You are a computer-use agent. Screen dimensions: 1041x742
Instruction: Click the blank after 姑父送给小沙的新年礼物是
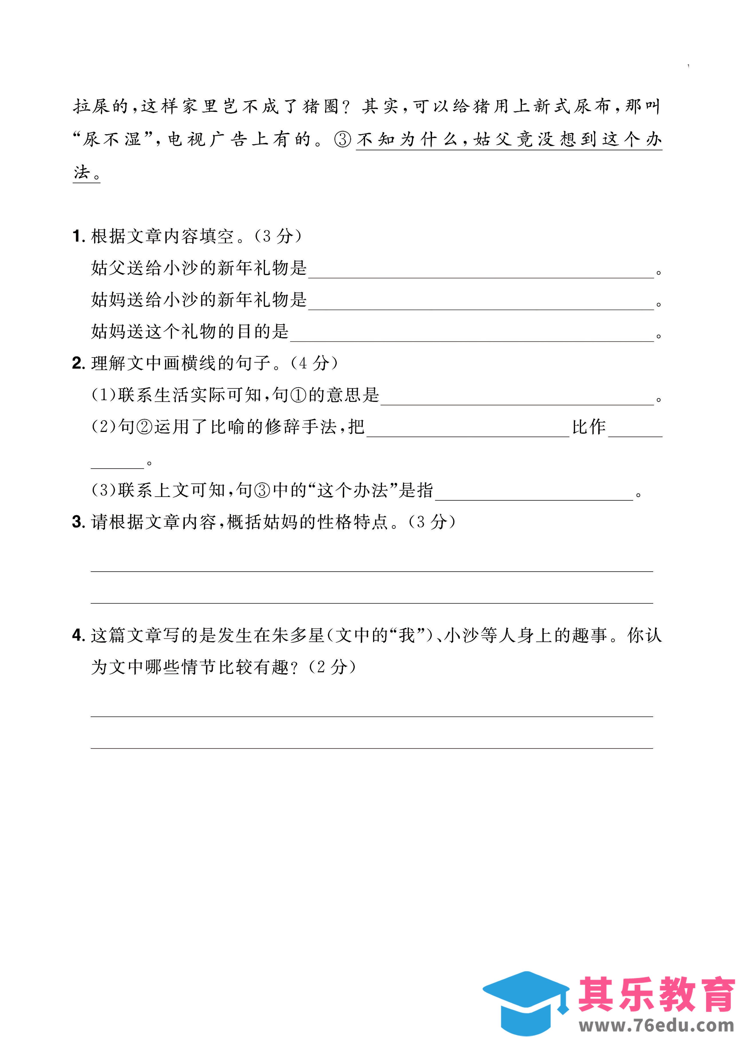(x=481, y=270)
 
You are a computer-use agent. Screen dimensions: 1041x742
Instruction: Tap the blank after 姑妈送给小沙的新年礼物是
(x=481, y=302)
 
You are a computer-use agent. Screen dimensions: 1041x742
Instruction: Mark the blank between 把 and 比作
(x=468, y=429)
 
